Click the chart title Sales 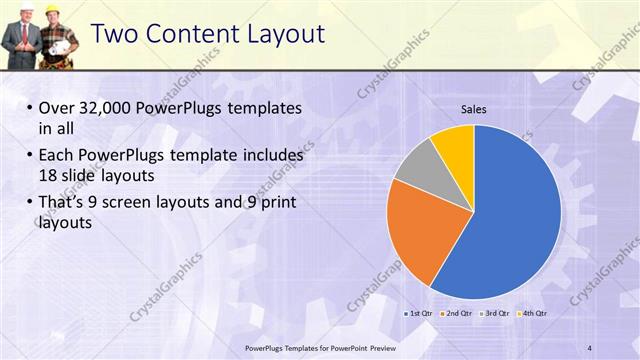pos(474,109)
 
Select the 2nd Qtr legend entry pos(457,313)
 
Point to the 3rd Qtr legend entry pos(496,313)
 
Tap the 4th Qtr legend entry pos(534,313)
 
